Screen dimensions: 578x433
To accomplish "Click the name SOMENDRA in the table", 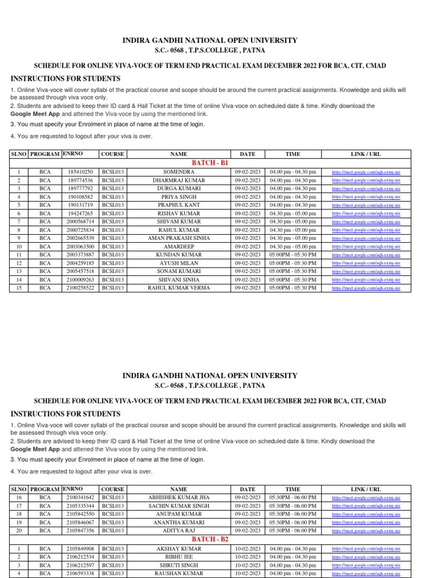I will pyautogui.click(x=178, y=172).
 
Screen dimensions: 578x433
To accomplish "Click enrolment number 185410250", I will pyautogui.click(x=80, y=172).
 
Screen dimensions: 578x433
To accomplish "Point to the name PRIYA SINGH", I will pyautogui.click(x=178, y=196).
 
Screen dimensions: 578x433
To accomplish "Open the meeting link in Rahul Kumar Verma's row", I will pyautogui.click(x=366, y=288).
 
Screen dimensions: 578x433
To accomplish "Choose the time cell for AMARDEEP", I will pyautogui.click(x=293, y=246).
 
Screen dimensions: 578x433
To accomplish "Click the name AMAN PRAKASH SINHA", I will pyautogui.click(x=178, y=238).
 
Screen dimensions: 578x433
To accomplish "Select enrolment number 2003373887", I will pyautogui.click(x=80, y=255).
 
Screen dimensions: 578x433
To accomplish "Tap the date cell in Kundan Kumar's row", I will pyautogui.click(x=248, y=255).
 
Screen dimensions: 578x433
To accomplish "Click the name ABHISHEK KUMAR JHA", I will pyautogui.click(x=178, y=497).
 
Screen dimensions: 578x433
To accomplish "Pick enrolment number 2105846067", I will pyautogui.click(x=80, y=522).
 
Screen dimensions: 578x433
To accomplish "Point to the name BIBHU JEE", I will pyautogui.click(x=178, y=557).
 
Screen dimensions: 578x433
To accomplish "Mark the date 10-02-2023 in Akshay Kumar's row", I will pyautogui.click(x=248, y=549).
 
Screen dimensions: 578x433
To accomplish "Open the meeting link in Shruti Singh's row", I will pyautogui.click(x=366, y=565).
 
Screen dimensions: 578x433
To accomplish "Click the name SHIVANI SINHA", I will pyautogui.click(x=178, y=279).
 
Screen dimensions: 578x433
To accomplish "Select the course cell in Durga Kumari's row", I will pyautogui.click(x=112, y=188).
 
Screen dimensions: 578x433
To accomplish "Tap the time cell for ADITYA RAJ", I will pyautogui.click(x=293, y=531).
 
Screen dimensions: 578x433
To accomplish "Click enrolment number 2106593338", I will pyautogui.click(x=80, y=573).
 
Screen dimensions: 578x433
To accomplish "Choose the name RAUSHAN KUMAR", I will pyautogui.click(x=178, y=573).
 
